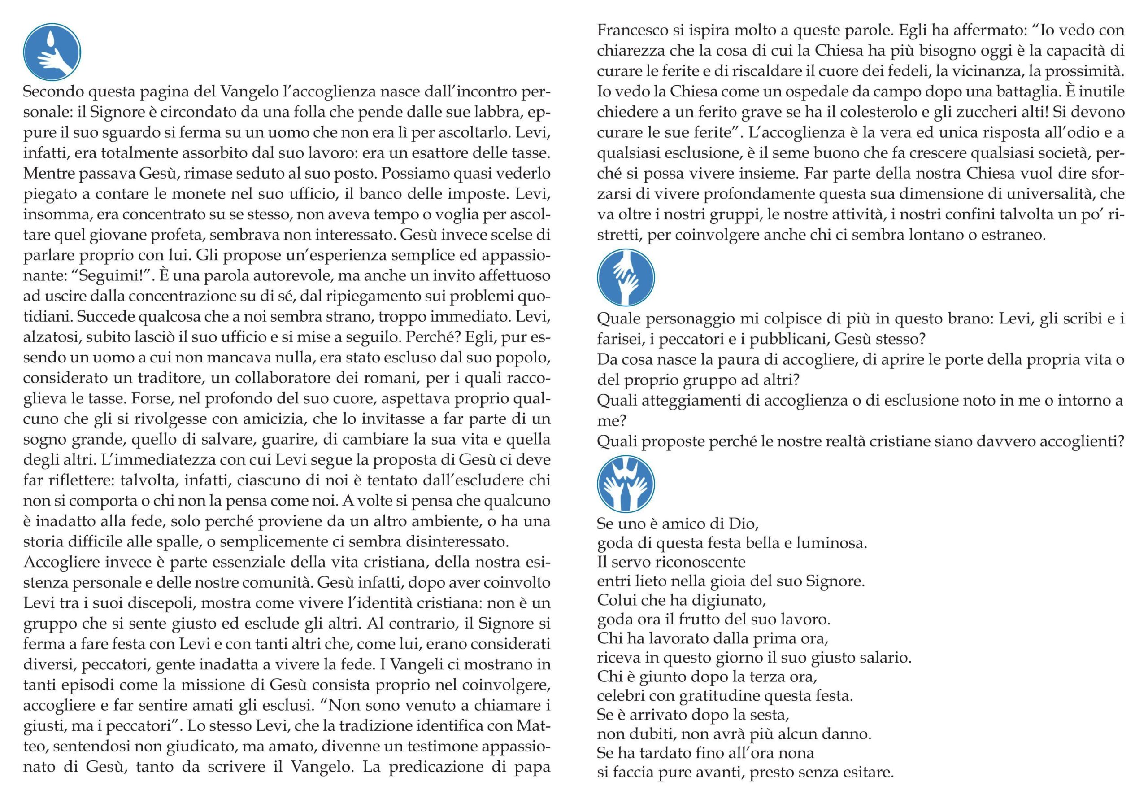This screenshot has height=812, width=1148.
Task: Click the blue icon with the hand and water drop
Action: [52, 52]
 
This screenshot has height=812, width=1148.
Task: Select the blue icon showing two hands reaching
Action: [626, 278]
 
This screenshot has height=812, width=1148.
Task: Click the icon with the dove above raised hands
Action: [626, 484]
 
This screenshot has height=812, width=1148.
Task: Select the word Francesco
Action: [631, 31]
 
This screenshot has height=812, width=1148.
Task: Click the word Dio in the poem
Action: [744, 524]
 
